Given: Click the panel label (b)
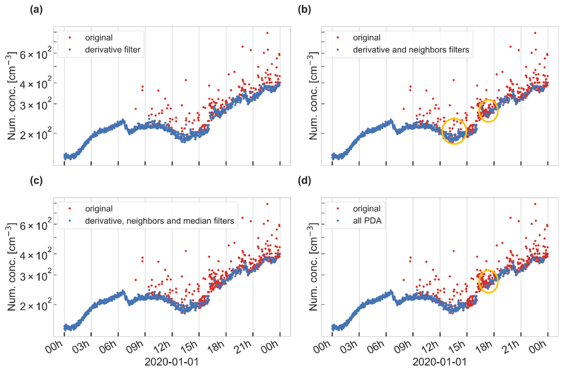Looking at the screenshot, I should point(304,10).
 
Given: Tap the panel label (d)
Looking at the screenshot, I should point(304,181).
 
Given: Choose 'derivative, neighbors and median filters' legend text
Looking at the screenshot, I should point(160,221).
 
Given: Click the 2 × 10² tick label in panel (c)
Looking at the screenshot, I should point(37,305).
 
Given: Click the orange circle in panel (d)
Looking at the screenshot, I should point(488,281).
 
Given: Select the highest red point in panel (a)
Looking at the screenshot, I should point(267,33).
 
